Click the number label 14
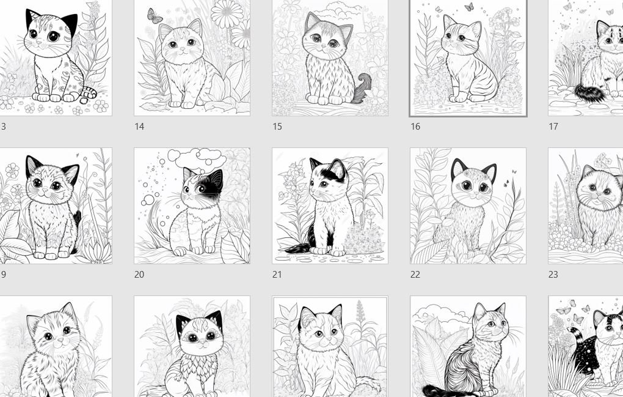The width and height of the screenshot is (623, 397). (139, 127)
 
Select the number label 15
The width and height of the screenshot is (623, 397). (277, 127)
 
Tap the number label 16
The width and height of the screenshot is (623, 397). (415, 127)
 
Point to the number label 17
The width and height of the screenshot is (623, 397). (553, 127)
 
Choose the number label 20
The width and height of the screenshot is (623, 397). (139, 275)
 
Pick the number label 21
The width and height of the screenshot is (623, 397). (277, 275)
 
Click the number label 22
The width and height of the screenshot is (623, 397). (415, 275)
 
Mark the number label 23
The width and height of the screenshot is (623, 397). (553, 275)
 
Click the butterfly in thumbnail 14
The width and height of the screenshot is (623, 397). (155, 16)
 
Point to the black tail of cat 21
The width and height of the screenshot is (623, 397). (299, 248)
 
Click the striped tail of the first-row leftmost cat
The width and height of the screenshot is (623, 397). (89, 93)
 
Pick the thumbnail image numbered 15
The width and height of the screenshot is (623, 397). (330, 58)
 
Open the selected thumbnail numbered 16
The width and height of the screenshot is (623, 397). (468, 58)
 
